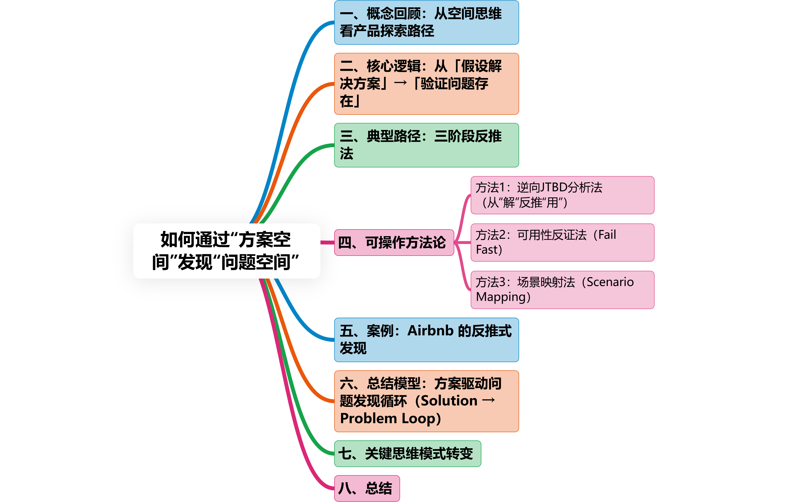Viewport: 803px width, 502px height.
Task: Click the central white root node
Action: click(227, 251)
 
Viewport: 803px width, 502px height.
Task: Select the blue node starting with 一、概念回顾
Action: click(426, 23)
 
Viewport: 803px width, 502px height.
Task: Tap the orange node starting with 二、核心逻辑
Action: click(426, 84)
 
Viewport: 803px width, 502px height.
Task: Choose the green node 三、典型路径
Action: click(426, 145)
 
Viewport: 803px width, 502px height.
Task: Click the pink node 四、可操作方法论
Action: click(394, 242)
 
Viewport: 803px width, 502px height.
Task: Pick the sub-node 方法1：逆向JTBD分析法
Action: click(562, 195)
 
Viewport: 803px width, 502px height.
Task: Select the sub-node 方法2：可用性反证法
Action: click(562, 242)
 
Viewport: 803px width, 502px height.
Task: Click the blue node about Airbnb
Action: click(426, 340)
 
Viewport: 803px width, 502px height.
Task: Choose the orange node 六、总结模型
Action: click(426, 401)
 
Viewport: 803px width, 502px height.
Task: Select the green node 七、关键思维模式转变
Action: click(407, 454)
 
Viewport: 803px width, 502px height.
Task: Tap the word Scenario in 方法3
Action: click(610, 282)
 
